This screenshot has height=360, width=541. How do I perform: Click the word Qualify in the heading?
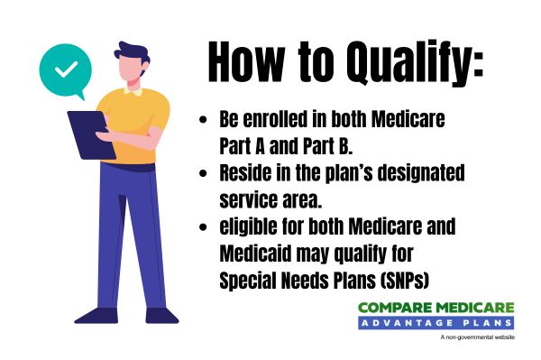pos(398,63)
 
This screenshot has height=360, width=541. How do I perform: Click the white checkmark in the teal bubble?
pos(64,69)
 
